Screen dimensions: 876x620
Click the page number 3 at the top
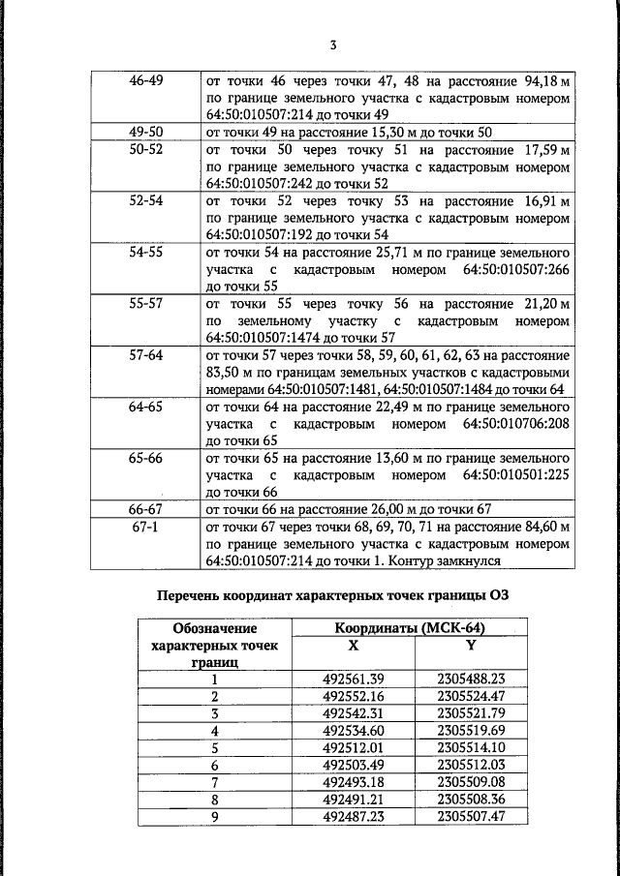coord(332,44)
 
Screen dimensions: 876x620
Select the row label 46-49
coord(145,80)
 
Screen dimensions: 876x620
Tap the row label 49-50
coord(145,132)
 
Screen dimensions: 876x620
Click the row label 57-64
coord(145,355)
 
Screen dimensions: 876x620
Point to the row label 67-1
coord(145,527)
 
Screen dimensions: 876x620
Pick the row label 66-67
coord(145,508)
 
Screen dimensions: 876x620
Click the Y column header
coord(471,644)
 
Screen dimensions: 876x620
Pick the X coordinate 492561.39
coord(354,679)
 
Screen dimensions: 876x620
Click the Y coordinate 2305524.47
coord(471,696)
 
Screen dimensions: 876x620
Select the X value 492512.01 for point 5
coord(354,748)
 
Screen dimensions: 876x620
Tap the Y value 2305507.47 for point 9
coord(471,817)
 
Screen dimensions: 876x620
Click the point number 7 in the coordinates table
coord(215,782)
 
